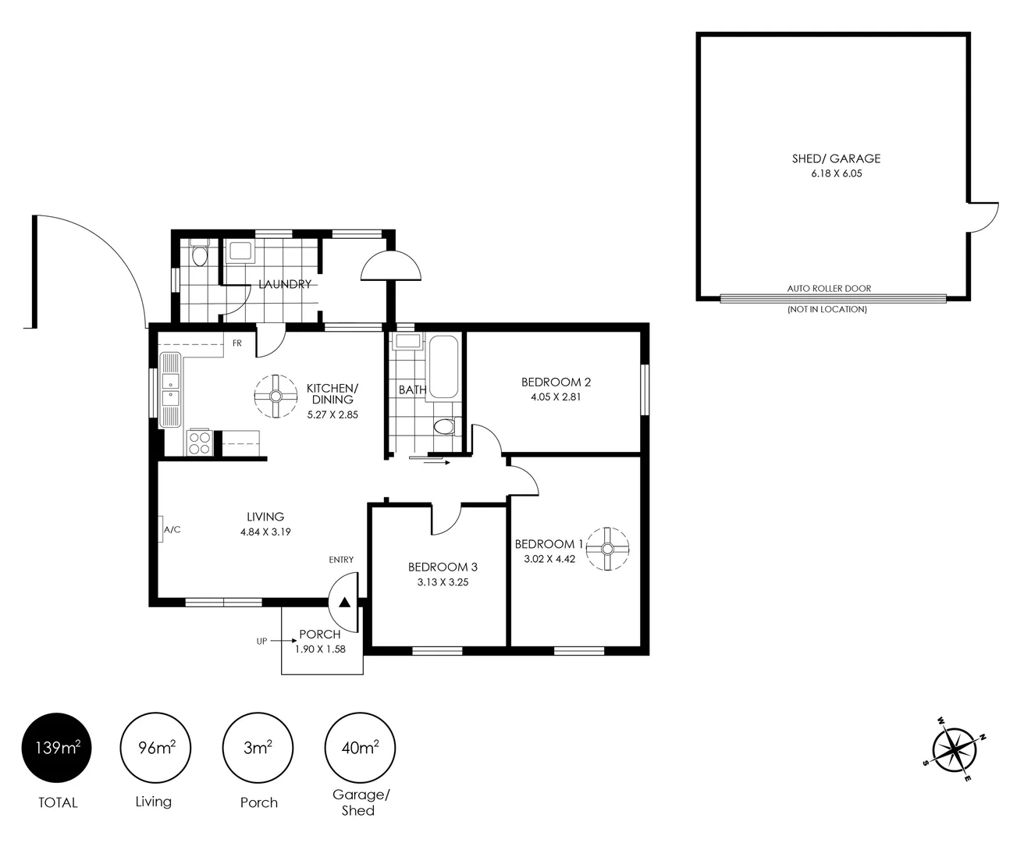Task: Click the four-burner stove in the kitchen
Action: click(x=199, y=443)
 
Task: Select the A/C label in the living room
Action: click(x=172, y=530)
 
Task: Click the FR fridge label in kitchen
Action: click(x=236, y=343)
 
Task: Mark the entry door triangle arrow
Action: click(x=344, y=602)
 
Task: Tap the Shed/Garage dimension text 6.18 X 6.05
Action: click(x=836, y=174)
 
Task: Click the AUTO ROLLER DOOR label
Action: click(x=829, y=288)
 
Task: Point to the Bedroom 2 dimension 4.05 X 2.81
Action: click(x=556, y=397)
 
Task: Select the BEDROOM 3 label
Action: click(x=442, y=567)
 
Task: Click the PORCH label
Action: click(x=320, y=635)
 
